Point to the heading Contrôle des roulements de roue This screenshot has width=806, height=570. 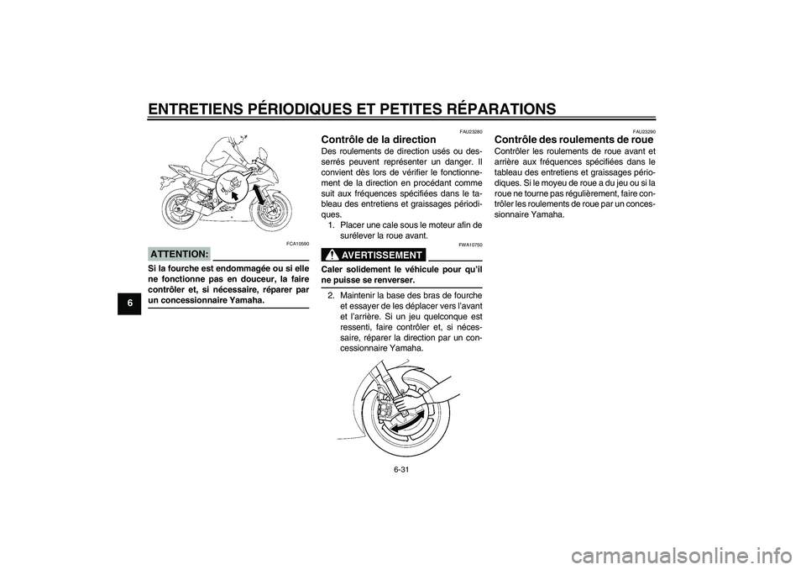575,140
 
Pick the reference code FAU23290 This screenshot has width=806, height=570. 644,130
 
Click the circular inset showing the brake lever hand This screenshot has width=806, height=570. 228,187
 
